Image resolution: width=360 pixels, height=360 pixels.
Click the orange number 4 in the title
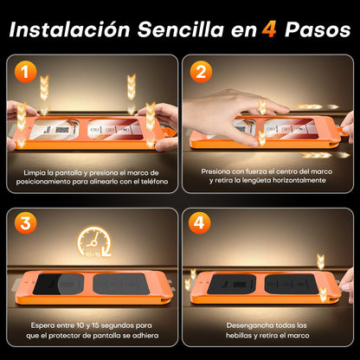[269, 30]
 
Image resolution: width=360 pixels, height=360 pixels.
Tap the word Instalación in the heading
[69, 29]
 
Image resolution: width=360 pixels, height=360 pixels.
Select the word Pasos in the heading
[318, 29]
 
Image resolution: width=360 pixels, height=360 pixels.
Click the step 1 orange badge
[26, 72]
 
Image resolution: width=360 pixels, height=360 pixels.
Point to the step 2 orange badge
[201, 72]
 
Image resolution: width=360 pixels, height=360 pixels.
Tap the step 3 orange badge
[26, 223]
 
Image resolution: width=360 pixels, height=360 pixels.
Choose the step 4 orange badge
[199, 223]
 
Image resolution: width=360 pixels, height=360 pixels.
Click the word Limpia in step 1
[35, 173]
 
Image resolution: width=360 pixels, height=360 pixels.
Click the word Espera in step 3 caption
[42, 325]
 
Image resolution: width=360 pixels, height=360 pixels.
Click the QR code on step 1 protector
[62, 130]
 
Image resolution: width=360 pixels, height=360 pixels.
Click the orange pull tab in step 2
[345, 129]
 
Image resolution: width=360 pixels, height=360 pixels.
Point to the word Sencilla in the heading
[181, 29]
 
